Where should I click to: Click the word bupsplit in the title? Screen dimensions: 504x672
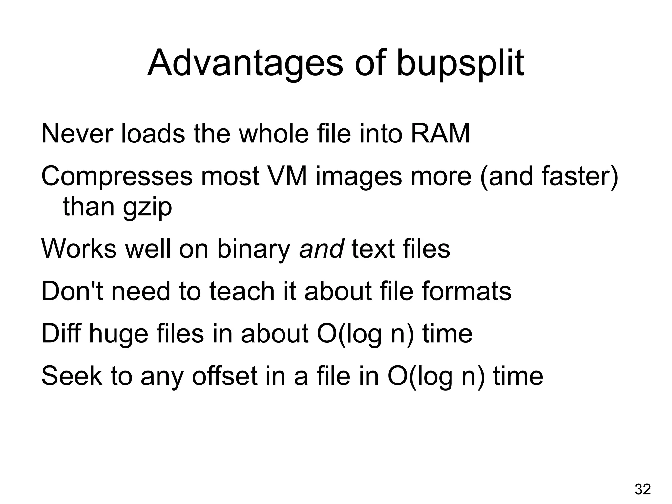point(460,63)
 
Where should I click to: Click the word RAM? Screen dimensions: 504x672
point(440,134)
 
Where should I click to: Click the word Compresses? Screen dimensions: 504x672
point(116,177)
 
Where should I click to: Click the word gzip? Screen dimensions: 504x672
point(147,208)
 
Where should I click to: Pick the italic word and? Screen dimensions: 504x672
point(321,249)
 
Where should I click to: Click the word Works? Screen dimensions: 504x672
point(78,249)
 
